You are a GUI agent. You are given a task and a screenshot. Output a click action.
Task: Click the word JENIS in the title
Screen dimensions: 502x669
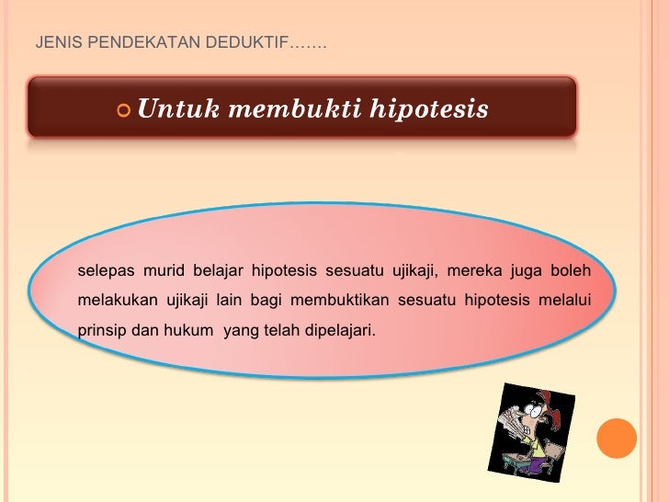pyautogui.click(x=51, y=43)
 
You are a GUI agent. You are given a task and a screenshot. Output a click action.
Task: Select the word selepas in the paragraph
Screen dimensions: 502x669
pyautogui.click(x=106, y=270)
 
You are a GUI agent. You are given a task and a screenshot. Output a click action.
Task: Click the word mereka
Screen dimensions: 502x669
pyautogui.click(x=474, y=270)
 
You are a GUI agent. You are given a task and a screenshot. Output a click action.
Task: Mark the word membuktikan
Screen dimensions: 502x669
pyautogui.click(x=346, y=300)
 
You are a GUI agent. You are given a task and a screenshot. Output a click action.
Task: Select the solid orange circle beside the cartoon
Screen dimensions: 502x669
pyautogui.click(x=618, y=438)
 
